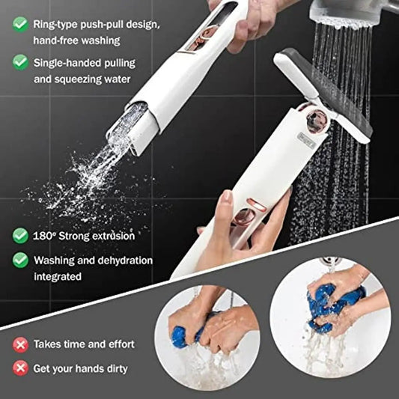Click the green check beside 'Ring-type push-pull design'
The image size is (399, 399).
click(20, 23)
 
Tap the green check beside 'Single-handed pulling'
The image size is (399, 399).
click(20, 62)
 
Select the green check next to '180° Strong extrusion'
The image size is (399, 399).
click(20, 236)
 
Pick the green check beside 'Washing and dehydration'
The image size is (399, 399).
click(20, 261)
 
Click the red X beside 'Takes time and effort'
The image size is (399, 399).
click(20, 344)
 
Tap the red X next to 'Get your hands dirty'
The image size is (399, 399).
click(20, 368)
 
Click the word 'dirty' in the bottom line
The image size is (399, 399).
click(116, 368)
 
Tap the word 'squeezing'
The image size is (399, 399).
click(82, 78)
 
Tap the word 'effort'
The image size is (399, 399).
click(120, 344)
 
